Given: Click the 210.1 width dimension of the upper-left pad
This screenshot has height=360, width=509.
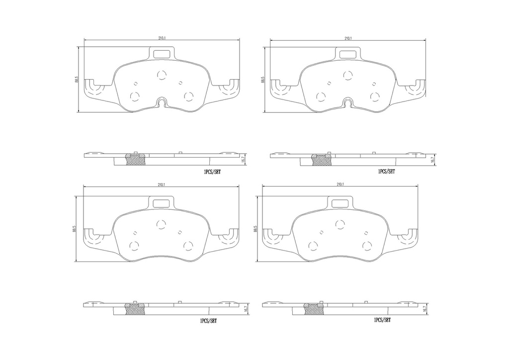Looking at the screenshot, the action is pyautogui.click(x=162, y=38).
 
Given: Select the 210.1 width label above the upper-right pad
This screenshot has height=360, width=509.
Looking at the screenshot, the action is pyautogui.click(x=348, y=38).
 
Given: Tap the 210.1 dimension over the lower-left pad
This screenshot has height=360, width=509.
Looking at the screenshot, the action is pyautogui.click(x=162, y=184).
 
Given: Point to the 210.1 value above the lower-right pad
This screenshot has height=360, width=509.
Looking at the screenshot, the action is pyautogui.click(x=340, y=184).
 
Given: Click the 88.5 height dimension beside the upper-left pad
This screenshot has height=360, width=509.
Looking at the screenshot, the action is pyautogui.click(x=77, y=80).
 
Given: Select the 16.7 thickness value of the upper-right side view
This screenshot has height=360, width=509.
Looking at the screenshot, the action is pyautogui.click(x=431, y=160).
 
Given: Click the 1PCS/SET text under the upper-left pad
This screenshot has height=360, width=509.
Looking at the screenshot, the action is pyautogui.click(x=212, y=172).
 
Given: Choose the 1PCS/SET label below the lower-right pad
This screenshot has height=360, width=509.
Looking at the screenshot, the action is pyautogui.click(x=382, y=320).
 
